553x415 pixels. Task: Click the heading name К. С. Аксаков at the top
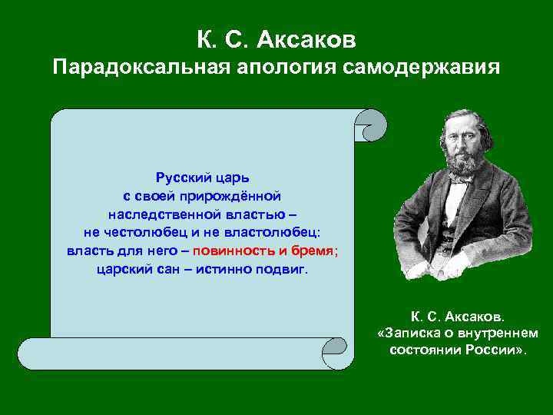coord(276,37)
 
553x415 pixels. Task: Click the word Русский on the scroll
coord(180,178)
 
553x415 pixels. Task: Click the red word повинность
coord(233,251)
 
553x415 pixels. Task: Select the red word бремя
coord(313,251)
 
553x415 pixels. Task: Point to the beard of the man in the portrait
coord(459,162)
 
